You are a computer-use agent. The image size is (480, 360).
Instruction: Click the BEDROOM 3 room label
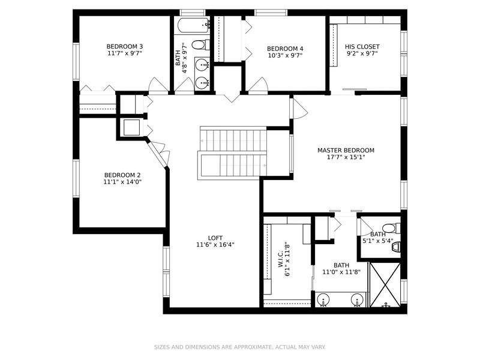(125, 47)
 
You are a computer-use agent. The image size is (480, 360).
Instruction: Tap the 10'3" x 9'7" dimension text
(285, 55)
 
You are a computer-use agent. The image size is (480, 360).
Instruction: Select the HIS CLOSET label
(362, 47)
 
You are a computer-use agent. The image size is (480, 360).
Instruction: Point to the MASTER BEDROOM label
(346, 151)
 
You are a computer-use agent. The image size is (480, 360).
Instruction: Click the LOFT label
(215, 238)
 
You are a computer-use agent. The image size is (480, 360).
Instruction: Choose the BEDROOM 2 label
(122, 175)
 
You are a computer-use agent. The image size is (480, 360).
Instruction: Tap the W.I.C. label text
(281, 259)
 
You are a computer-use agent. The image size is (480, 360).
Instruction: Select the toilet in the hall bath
(200, 45)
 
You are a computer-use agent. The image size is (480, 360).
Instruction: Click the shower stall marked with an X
(385, 284)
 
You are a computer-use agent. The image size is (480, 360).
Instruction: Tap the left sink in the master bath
(323, 299)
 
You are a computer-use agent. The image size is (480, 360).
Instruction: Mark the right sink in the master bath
(357, 299)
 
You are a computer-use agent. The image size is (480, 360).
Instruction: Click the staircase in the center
(232, 153)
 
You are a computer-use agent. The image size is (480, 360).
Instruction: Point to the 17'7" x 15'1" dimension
(346, 157)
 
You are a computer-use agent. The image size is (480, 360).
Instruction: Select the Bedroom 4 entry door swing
(258, 85)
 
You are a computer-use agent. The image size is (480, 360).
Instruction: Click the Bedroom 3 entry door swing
(158, 85)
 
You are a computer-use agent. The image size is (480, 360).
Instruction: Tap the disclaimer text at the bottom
(239, 347)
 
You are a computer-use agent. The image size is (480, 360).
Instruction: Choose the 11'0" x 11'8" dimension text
(341, 272)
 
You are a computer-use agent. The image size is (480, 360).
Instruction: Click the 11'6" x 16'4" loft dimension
(215, 245)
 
